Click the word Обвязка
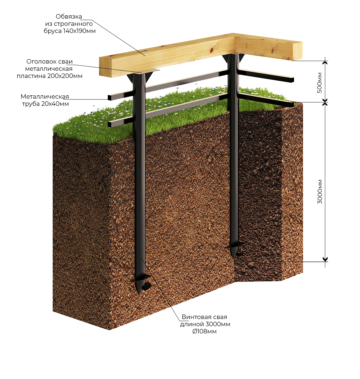click(x=69, y=17)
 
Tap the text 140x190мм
click(x=79, y=31)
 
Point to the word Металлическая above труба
click(x=45, y=96)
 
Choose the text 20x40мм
click(x=55, y=104)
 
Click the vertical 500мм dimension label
click(x=320, y=83)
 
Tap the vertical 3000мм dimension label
click(x=320, y=192)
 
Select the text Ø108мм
click(x=205, y=331)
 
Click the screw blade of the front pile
click(x=140, y=280)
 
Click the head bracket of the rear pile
click(x=233, y=58)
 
